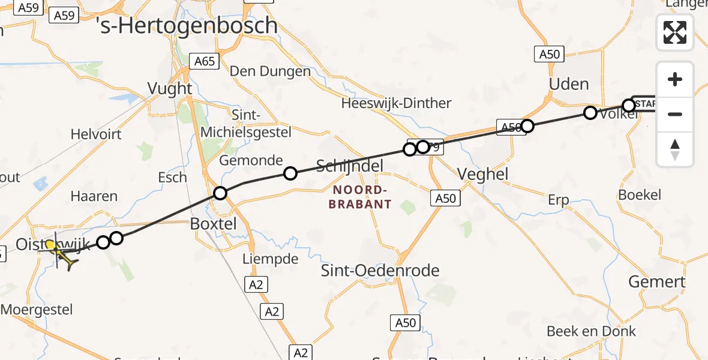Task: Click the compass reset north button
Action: coord(675,149)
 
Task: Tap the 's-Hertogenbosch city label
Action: coord(187,26)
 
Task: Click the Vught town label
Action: coord(170,89)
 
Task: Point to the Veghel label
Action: coord(482,175)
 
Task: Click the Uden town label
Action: coord(569,84)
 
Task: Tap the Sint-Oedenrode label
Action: coord(380,271)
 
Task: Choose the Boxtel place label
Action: coord(213,223)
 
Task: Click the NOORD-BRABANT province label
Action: coord(362,197)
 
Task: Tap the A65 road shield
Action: coord(204,61)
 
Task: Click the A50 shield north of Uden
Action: coord(549,55)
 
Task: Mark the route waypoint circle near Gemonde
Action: coord(290,173)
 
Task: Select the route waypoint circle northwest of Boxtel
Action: coord(220,193)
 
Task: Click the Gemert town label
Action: coord(656,281)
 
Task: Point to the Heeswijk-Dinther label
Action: coord(396,103)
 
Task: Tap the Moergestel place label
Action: coord(37,310)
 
